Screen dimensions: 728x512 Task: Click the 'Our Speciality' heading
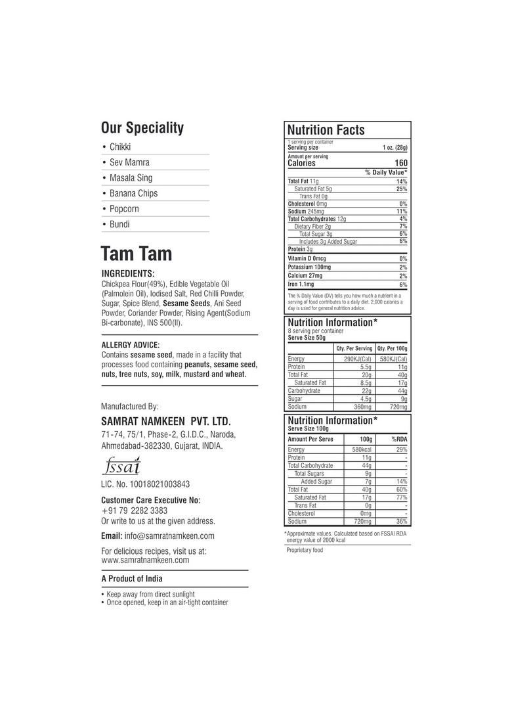[x=142, y=128]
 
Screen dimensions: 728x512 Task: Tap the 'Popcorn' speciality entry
[x=124, y=209]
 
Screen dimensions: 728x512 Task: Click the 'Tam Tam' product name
[x=137, y=254]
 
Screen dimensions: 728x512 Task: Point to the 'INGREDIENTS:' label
[x=128, y=273]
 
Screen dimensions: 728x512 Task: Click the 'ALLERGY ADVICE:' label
[x=131, y=344]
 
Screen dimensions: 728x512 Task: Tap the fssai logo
[x=121, y=467]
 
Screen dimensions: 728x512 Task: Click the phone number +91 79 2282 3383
[x=134, y=511]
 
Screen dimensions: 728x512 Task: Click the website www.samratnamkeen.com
[x=145, y=560]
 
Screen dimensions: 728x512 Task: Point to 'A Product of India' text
[x=132, y=579]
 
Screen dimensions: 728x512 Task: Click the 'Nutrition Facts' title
[x=326, y=130]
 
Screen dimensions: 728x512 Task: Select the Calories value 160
[x=400, y=163]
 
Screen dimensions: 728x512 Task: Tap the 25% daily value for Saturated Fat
[x=401, y=189]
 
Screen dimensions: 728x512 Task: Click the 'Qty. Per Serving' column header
[x=354, y=348]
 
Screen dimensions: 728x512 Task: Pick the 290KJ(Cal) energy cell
[x=358, y=359]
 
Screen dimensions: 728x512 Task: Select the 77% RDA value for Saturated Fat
[x=401, y=497]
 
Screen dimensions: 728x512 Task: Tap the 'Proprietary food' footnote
[x=305, y=551]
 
